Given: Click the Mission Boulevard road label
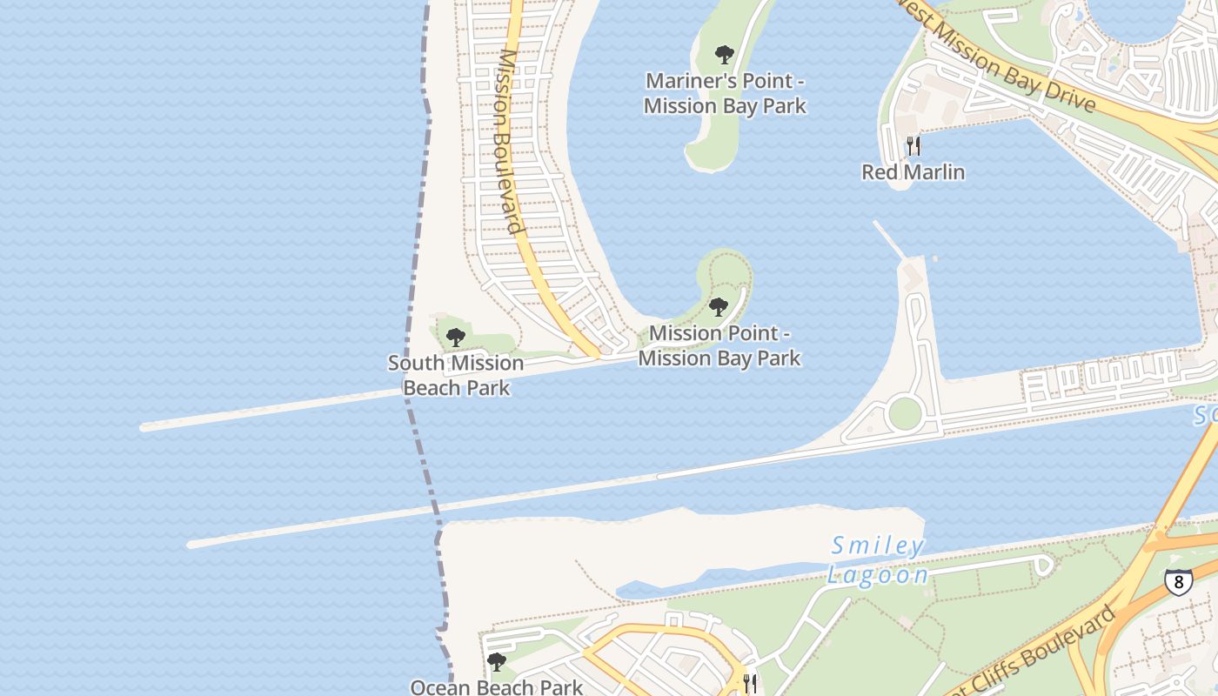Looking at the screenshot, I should click(x=508, y=139).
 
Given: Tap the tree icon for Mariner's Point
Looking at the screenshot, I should click(x=724, y=56).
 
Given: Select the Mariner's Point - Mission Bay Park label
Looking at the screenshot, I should click(x=724, y=93).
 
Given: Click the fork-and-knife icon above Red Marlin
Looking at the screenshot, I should click(x=913, y=145).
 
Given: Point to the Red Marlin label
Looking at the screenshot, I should click(x=913, y=171).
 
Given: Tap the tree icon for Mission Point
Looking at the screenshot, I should click(x=718, y=306).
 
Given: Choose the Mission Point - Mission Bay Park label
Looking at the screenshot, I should click(x=719, y=345).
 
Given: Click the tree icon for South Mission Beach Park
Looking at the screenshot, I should click(x=455, y=338).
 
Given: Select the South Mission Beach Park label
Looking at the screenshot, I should click(x=456, y=375).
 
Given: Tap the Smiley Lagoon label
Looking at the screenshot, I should click(x=876, y=560).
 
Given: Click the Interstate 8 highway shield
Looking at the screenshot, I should click(x=1178, y=581).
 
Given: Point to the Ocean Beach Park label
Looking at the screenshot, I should click(x=497, y=687).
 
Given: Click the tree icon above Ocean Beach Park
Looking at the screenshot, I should click(x=496, y=662).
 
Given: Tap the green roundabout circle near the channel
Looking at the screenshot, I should click(x=905, y=413).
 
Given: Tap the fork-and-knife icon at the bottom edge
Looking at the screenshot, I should click(x=750, y=683).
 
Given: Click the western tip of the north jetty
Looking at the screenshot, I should click(x=144, y=427).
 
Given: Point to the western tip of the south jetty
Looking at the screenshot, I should click(x=191, y=545).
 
